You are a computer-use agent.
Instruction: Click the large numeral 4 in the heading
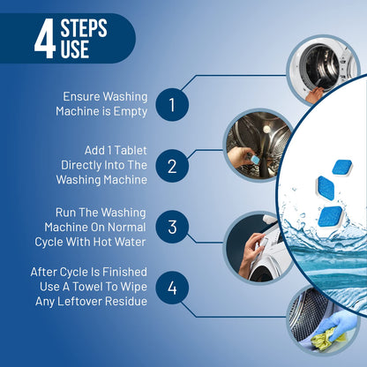44,41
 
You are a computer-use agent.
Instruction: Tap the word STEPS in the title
84,30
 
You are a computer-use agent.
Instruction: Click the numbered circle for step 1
172,106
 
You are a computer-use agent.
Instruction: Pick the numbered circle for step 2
172,165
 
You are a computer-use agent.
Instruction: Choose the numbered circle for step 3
172,227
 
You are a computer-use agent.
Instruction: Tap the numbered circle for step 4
172,288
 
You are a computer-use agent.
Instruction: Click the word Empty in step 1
125,112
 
